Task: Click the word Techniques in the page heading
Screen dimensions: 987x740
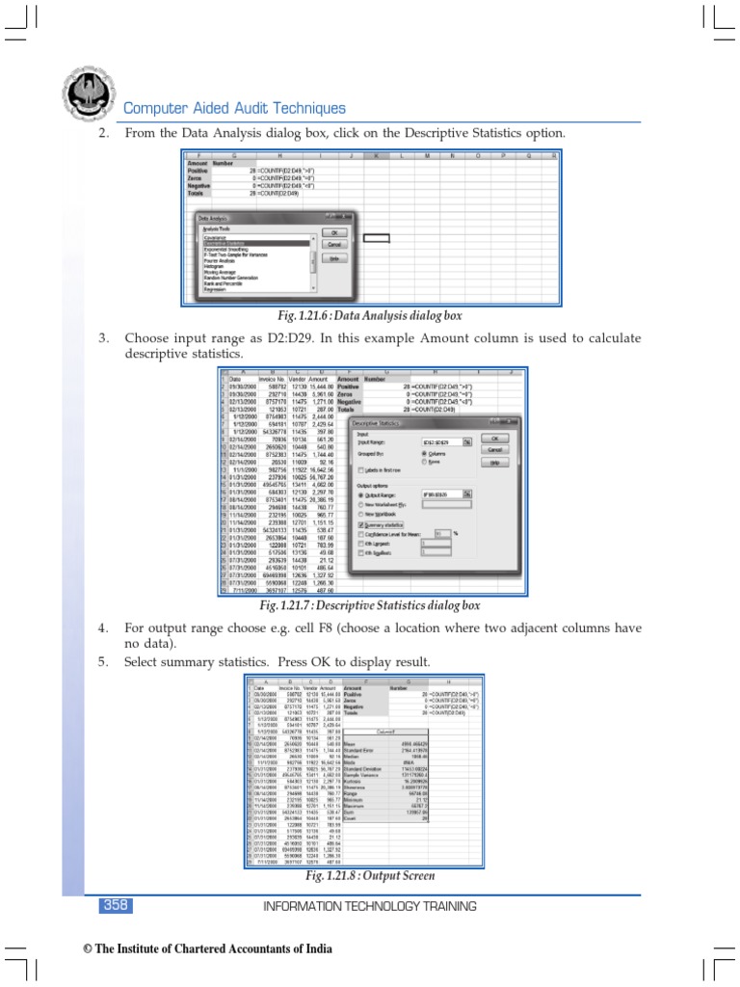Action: (299, 109)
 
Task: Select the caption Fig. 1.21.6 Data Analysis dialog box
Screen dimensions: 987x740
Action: (369, 315)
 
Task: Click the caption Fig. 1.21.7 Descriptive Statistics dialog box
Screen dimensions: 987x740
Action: (369, 606)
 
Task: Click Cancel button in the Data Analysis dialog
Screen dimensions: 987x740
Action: (334, 245)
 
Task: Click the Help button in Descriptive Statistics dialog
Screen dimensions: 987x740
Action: (494, 463)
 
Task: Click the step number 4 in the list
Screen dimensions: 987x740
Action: (101, 628)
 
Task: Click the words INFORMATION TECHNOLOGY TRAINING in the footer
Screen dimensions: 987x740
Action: (370, 906)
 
